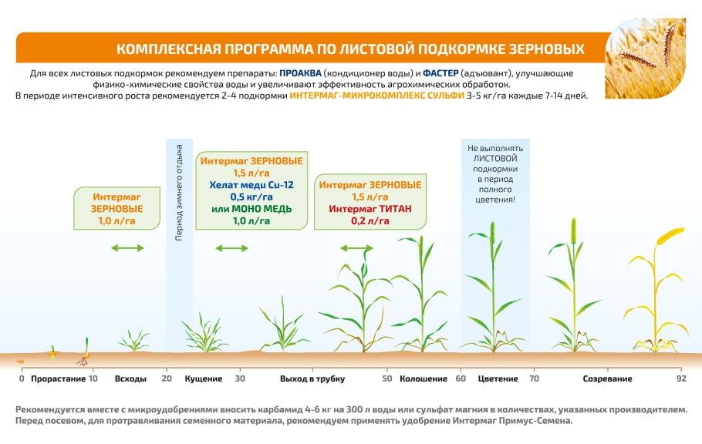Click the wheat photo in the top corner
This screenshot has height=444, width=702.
[x=645, y=58]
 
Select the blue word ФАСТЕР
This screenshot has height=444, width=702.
[x=440, y=73]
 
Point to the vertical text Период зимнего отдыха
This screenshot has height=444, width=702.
[x=179, y=193]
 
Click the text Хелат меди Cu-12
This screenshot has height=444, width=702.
[x=251, y=185]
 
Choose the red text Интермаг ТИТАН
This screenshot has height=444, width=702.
[x=370, y=209]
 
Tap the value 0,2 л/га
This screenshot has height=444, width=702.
[x=370, y=221]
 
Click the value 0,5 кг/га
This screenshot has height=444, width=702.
[x=251, y=197]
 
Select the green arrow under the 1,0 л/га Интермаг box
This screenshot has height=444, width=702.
[x=127, y=248]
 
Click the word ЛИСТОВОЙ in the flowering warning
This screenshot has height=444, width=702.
[x=495, y=159]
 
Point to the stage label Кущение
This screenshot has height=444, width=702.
[x=204, y=378]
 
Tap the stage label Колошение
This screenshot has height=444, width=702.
[x=424, y=378]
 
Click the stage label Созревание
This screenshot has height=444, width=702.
[x=608, y=378]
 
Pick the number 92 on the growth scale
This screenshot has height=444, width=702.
[x=681, y=378]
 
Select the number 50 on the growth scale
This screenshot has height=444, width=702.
[x=387, y=378]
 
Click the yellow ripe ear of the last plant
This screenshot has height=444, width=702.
[x=670, y=235]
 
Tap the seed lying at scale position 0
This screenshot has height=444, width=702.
[x=20, y=362]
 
